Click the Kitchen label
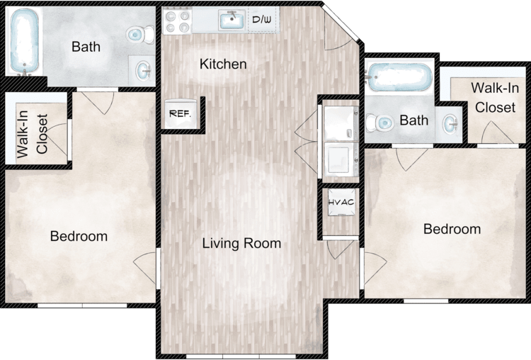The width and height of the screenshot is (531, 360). [x=223, y=64]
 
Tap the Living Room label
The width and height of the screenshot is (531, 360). [x=241, y=243]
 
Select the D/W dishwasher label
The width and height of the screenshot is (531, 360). [x=262, y=19]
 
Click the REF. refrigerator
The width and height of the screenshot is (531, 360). [x=180, y=113]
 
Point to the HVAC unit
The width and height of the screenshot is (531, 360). [x=341, y=203]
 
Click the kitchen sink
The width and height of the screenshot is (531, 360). [x=232, y=20]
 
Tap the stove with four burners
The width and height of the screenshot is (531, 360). [x=177, y=21]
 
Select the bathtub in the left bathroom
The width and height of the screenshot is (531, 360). [x=24, y=41]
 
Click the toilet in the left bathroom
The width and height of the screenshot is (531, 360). [x=140, y=34]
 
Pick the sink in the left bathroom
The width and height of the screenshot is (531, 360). [x=144, y=71]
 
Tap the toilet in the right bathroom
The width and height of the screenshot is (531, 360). [x=379, y=122]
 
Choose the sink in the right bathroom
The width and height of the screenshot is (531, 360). [x=451, y=124]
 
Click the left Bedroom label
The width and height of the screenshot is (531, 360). [x=79, y=236]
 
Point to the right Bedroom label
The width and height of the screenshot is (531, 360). [x=452, y=229]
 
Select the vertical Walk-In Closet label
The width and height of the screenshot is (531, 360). [x=32, y=134]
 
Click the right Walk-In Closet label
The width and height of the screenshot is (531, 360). [x=495, y=98]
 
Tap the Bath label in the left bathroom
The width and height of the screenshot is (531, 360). [x=86, y=47]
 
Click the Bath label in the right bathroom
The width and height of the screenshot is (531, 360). [x=414, y=120]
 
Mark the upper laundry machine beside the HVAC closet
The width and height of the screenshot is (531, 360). [x=341, y=123]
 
